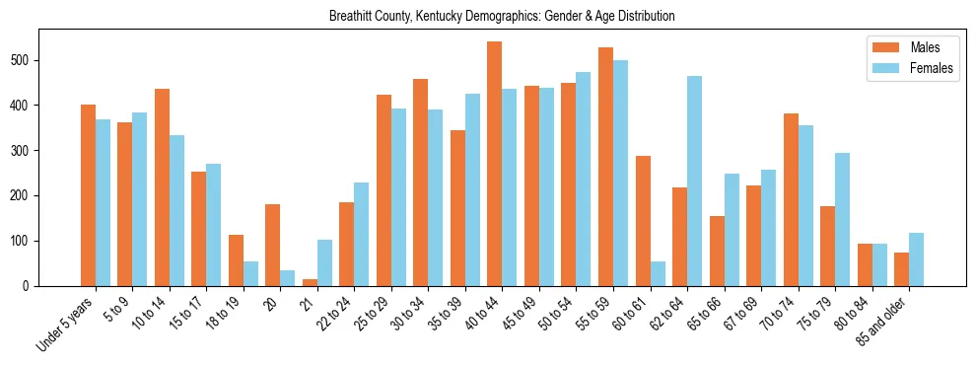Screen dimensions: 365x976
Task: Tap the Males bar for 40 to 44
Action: tap(494, 164)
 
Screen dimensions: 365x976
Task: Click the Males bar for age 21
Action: tap(310, 282)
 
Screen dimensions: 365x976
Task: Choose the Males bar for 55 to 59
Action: tap(605, 167)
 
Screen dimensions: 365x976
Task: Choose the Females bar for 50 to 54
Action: tap(584, 179)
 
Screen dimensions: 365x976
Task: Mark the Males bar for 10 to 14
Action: tap(162, 187)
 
